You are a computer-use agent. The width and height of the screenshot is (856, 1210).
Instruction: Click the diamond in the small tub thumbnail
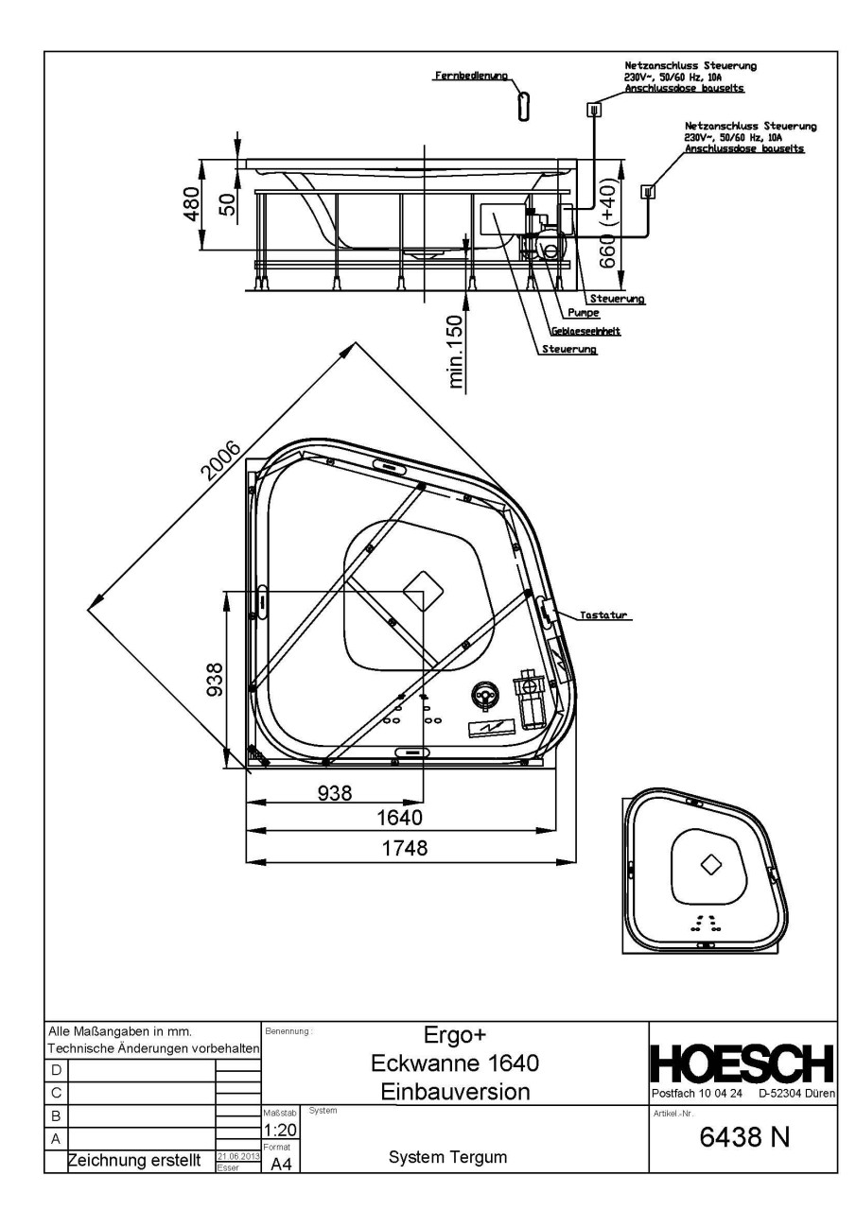(x=709, y=862)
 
